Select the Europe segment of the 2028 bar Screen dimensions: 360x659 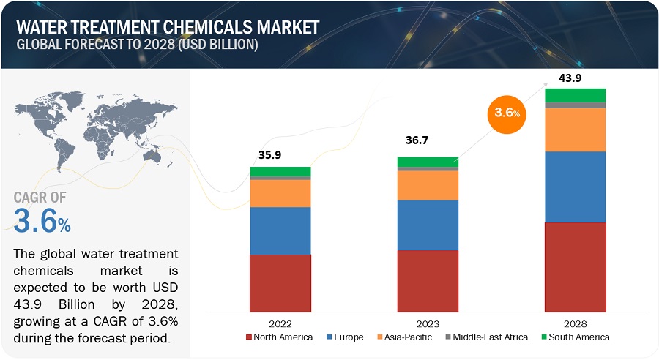point(575,187)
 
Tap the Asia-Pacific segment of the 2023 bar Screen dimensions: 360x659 point(427,185)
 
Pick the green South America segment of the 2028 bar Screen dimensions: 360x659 point(575,95)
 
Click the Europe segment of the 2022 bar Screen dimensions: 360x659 point(280,230)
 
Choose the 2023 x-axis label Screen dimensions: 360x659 point(427,323)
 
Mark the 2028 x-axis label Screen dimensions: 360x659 point(575,323)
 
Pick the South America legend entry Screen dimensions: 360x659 point(573,337)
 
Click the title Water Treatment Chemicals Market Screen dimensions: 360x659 point(168,27)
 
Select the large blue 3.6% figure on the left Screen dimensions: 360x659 point(42,221)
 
